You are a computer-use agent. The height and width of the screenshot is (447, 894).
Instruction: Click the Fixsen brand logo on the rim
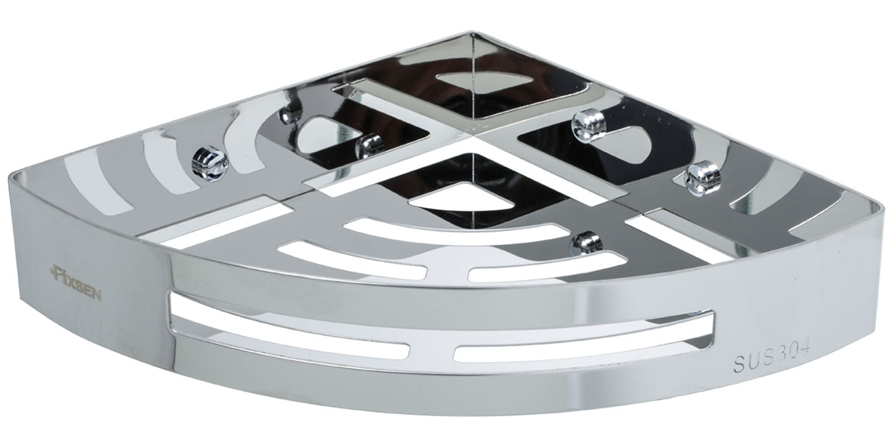tap(77, 282)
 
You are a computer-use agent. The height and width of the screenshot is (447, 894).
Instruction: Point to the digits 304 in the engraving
tap(793, 353)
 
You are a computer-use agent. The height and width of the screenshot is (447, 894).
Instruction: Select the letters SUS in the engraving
tap(753, 362)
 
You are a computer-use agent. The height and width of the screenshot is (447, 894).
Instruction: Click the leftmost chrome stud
tap(209, 163)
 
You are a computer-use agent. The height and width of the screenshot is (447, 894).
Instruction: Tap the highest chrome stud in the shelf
tap(589, 125)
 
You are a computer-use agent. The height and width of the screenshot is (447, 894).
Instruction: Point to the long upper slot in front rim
tap(439, 315)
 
